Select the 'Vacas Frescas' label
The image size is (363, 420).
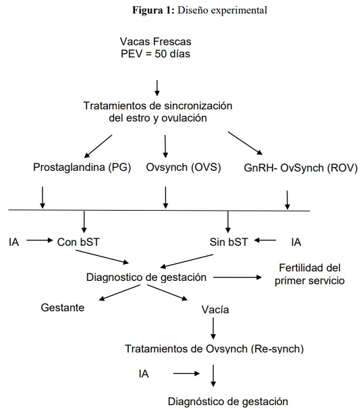click(154, 41)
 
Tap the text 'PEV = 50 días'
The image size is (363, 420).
click(155, 53)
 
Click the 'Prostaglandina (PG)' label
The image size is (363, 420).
click(82, 167)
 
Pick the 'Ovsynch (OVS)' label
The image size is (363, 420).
click(184, 167)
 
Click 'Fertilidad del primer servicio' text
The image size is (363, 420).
click(310, 274)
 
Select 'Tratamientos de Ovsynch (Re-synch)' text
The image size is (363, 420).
click(215, 348)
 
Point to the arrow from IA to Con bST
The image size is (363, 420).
click(38, 240)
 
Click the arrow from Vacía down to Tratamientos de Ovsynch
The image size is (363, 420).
click(214, 328)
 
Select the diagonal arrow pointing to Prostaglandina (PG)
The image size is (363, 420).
click(99, 144)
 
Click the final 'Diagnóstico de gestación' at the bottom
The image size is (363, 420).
click(228, 401)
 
